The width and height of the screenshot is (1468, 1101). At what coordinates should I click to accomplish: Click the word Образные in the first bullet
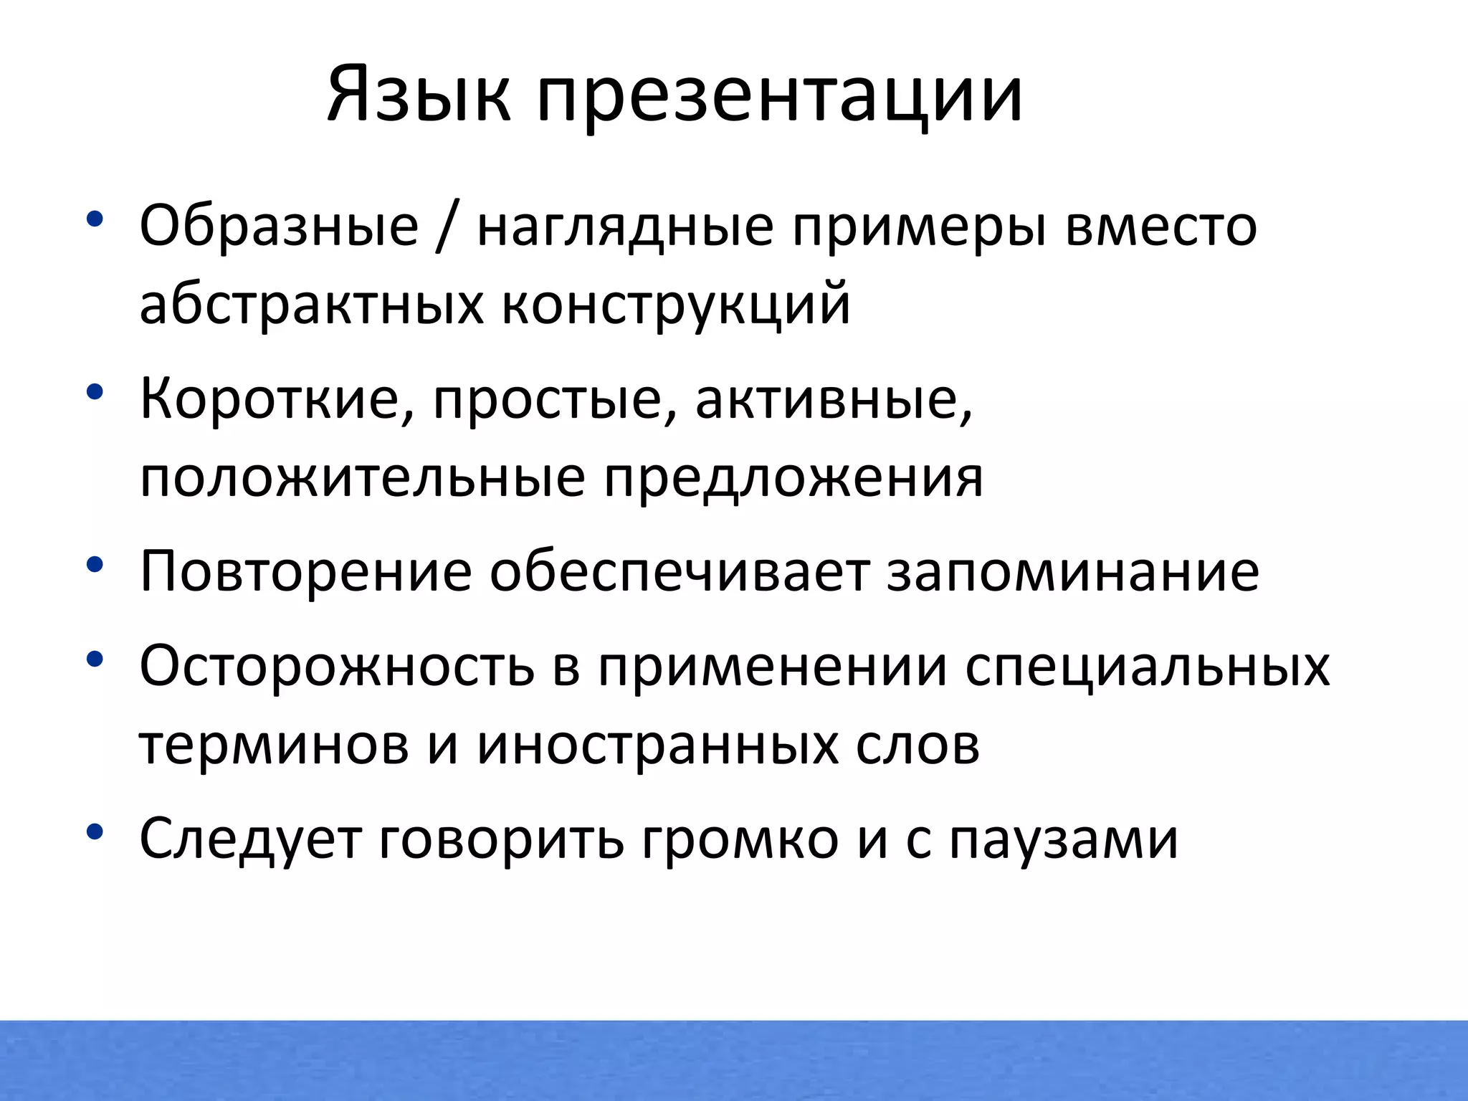(x=279, y=226)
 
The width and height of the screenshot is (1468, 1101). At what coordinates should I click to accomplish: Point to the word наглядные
(x=625, y=227)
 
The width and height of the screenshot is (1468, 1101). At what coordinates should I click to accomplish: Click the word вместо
(x=1161, y=226)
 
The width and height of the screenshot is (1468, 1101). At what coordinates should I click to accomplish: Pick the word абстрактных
(x=311, y=305)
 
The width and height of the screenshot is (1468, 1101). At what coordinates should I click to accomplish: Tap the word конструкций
(x=675, y=305)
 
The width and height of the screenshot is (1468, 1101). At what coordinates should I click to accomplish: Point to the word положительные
(x=362, y=478)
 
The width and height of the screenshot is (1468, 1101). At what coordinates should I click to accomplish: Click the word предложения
(x=793, y=478)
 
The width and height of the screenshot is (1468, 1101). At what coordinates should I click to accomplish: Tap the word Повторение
(x=305, y=571)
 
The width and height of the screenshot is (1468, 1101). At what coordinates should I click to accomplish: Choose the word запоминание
(x=1073, y=571)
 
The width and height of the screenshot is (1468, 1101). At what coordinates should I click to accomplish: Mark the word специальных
(x=1147, y=666)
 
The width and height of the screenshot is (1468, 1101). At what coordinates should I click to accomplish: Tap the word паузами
(x=1064, y=839)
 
